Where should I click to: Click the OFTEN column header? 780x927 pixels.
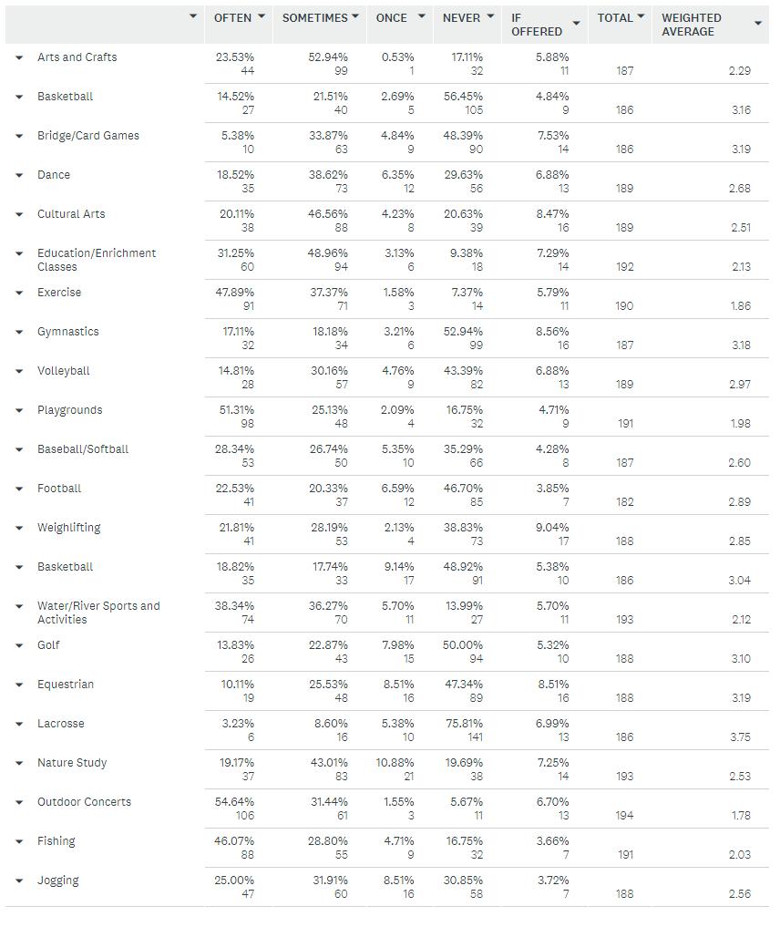tap(232, 17)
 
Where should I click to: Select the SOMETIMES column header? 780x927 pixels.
tap(314, 17)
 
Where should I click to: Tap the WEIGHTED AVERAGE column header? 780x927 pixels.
tap(692, 25)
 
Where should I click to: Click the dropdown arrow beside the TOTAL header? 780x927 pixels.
tap(641, 16)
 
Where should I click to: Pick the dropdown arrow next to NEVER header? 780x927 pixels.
tap(490, 16)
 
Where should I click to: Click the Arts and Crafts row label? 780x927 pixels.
tap(77, 57)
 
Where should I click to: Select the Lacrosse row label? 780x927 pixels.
tap(60, 724)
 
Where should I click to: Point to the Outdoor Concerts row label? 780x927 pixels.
tap(84, 802)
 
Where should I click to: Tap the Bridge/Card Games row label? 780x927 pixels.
tap(88, 136)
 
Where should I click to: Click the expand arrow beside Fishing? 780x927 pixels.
tap(19, 841)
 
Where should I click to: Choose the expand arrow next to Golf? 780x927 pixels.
tap(19, 645)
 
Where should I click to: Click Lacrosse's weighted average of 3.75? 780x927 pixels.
tap(740, 737)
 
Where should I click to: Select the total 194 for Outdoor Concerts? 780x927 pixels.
tap(623, 816)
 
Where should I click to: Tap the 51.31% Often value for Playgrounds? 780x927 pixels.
tap(235, 410)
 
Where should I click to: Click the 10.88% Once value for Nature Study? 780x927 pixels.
tap(395, 763)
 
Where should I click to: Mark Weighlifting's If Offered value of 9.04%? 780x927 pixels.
tap(552, 528)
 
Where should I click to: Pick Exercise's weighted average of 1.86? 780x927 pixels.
tap(740, 306)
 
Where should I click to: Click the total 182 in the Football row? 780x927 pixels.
tap(623, 502)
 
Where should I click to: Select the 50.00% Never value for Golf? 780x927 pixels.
tap(463, 645)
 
